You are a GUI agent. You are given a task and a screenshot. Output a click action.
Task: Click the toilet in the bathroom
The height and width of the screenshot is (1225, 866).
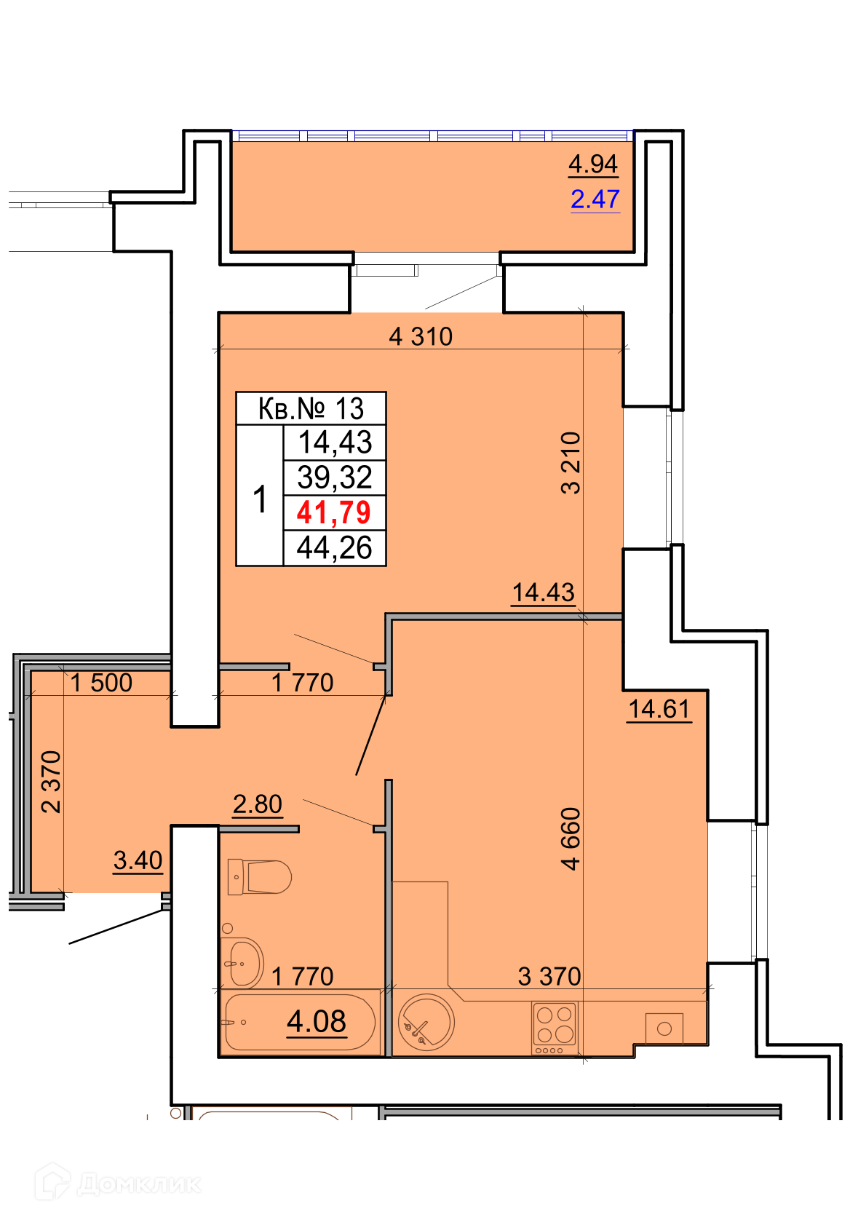click(258, 876)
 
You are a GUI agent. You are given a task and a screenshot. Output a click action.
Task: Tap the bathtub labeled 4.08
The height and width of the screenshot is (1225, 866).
click(300, 1022)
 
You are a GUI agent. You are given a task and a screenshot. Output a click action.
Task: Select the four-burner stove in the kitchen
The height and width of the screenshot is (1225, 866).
click(555, 1028)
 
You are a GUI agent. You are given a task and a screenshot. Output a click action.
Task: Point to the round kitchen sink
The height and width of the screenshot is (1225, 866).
click(426, 1022)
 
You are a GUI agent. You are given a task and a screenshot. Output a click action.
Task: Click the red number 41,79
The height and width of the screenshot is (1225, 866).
click(333, 512)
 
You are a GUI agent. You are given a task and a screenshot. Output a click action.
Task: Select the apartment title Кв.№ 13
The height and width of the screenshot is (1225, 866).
click(311, 408)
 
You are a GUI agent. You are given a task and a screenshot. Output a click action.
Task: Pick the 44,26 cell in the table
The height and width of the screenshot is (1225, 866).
click(334, 547)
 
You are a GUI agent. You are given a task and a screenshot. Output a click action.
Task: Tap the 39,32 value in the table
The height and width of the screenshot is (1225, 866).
click(335, 477)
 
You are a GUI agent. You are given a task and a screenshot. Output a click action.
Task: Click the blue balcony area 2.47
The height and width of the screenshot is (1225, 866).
click(595, 199)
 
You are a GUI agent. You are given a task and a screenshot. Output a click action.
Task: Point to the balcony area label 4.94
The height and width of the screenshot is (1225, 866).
click(593, 164)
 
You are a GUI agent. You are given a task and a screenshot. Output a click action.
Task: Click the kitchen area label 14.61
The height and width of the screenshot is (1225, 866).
click(659, 709)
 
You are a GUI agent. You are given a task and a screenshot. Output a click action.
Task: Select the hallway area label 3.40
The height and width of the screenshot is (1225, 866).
click(138, 860)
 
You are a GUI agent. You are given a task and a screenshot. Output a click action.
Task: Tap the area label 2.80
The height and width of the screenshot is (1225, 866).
click(258, 804)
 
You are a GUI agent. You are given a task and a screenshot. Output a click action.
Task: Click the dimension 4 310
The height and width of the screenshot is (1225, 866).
click(421, 336)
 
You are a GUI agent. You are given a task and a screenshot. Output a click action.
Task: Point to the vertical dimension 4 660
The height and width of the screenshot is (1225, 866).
click(571, 839)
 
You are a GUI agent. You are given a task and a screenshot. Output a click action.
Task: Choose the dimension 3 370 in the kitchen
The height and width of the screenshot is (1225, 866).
click(549, 976)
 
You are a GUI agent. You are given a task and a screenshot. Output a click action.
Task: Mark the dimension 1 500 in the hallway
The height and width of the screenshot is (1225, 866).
click(102, 683)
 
